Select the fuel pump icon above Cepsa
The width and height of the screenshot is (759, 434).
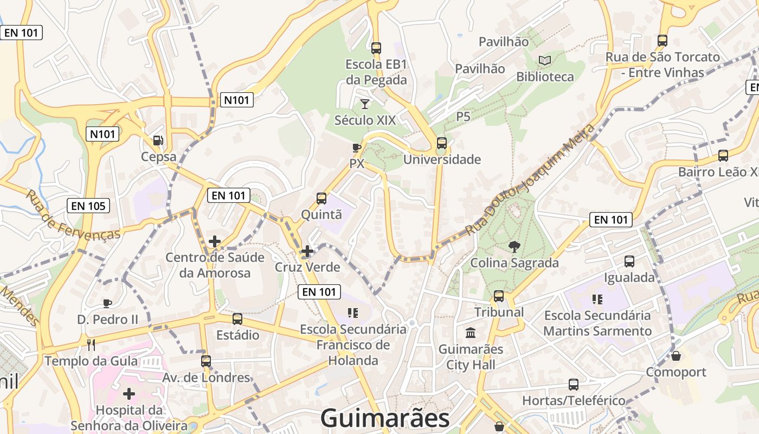pos(158,141)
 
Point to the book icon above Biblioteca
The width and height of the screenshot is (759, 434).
pos(544,61)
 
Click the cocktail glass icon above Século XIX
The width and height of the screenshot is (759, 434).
pos(365,104)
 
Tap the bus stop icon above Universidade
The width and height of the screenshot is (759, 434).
pos(442,143)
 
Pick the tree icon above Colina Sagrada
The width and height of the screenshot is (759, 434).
pos(513,247)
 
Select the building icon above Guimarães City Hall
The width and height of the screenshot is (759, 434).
pos(471,333)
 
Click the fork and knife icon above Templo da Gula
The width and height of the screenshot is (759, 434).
pos(91,344)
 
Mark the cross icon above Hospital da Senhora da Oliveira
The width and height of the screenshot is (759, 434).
pos(128,394)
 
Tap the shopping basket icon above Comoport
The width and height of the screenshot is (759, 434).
pos(676,356)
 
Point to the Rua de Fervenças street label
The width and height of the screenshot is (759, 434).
pos(73,215)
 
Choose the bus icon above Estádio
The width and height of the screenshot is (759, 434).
pos(237,318)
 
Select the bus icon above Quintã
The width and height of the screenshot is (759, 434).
pos(321,199)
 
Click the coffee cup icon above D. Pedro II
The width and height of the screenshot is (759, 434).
pos(107,303)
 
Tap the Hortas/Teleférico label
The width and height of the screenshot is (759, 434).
pos(574,401)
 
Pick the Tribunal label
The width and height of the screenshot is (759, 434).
pos(499,312)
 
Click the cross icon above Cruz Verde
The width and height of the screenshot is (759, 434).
pos(307,251)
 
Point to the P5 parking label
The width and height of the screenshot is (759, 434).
pos(463,117)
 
